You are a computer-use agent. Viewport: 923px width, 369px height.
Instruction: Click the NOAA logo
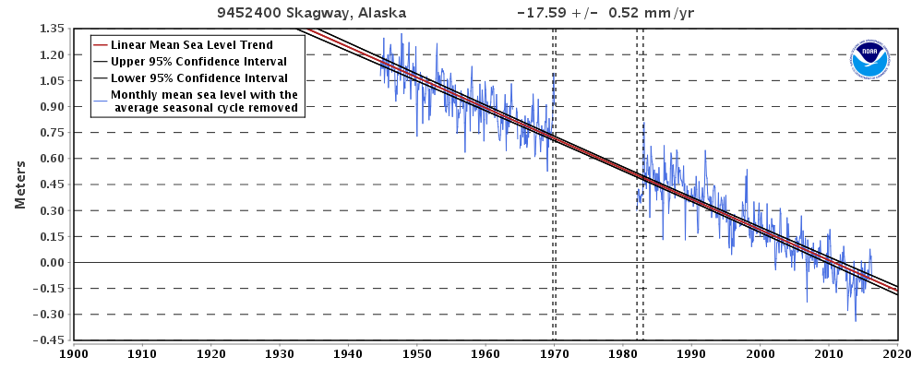tap(869, 60)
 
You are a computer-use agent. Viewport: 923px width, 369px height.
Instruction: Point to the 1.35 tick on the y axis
tap(51, 29)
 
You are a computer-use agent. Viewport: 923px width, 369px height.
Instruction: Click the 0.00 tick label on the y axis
tap(51, 262)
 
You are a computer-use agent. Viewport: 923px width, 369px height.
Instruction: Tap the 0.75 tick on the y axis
tap(51, 132)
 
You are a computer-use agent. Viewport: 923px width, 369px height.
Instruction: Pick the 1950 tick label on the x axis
tap(417, 353)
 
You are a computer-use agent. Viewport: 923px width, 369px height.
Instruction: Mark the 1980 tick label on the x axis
tap(623, 353)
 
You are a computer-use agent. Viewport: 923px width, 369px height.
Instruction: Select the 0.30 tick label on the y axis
tap(51, 210)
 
